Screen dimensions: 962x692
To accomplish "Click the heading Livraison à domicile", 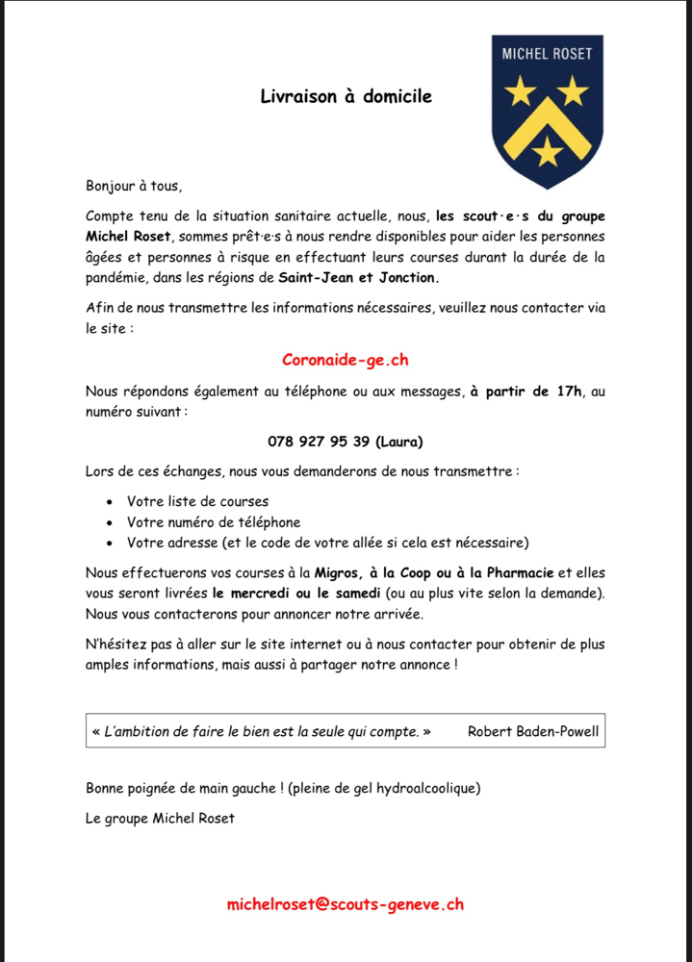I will pos(346,96).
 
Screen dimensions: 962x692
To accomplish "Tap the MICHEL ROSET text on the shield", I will pos(547,54).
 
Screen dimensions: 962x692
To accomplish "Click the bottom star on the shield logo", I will pos(548,150).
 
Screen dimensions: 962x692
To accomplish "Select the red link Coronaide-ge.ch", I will pos(346,360).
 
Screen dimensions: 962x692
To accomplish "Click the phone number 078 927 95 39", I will pos(319,442).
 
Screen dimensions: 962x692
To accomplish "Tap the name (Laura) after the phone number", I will pos(399,442).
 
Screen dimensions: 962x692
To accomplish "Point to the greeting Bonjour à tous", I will pos(133,186).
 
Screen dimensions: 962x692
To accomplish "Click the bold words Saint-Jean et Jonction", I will pos(358,277).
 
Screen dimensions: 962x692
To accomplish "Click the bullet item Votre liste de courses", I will pos(197,501).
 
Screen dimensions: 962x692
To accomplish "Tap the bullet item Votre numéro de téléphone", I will pos(214,522).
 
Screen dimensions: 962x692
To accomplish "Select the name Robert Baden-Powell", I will pos(532,731).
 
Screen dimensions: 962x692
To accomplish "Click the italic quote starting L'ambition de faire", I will pos(261,731).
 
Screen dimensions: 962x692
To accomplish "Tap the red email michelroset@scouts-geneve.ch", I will pos(346,904).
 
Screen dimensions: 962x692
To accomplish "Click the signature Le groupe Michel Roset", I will pos(160,819).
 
